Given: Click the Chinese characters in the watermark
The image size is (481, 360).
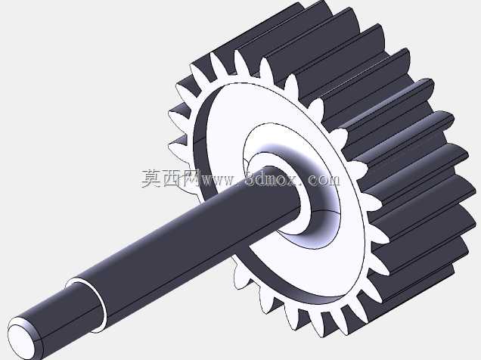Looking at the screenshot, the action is click(171, 178).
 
